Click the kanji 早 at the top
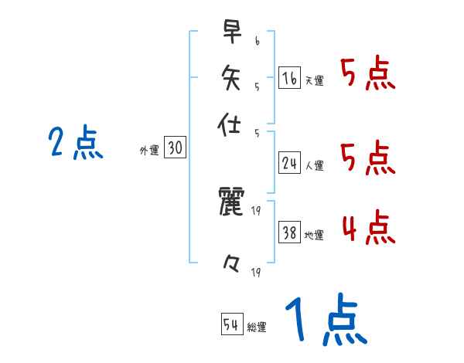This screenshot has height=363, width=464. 231,32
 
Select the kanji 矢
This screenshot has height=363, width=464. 231,77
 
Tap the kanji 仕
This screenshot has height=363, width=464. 231,125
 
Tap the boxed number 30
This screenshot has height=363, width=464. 175,149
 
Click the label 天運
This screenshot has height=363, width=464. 314,80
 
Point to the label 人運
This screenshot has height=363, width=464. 314,165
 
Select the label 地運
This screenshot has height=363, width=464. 314,236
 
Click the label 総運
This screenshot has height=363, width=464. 257,327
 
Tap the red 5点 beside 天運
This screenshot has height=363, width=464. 368,76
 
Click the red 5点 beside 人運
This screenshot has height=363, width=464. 368,159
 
